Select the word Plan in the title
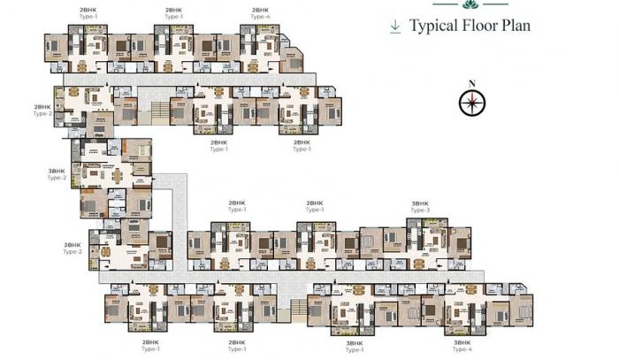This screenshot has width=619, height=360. tap(516, 26)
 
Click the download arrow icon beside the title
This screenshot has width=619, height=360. tap(394, 27)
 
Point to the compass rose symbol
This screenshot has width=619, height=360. tap(472, 103)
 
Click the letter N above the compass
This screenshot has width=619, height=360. tap(472, 84)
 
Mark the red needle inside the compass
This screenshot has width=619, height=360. tap(473, 100)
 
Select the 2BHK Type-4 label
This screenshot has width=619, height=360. tap(259, 12)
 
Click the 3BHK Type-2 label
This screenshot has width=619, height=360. tap(57, 174)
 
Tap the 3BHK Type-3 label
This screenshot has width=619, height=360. tap(420, 207)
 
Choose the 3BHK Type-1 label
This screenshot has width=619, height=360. tap(355, 346)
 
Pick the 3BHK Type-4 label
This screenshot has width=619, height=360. tap(462, 346)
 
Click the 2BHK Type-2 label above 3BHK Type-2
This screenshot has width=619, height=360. tap(43, 110)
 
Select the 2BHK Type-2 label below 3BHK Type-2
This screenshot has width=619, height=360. tap(73, 249)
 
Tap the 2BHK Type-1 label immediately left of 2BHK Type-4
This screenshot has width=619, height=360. tap(174, 12)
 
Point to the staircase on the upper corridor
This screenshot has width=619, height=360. tap(158, 110)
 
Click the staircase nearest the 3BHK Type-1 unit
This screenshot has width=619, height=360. tap(297, 309)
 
